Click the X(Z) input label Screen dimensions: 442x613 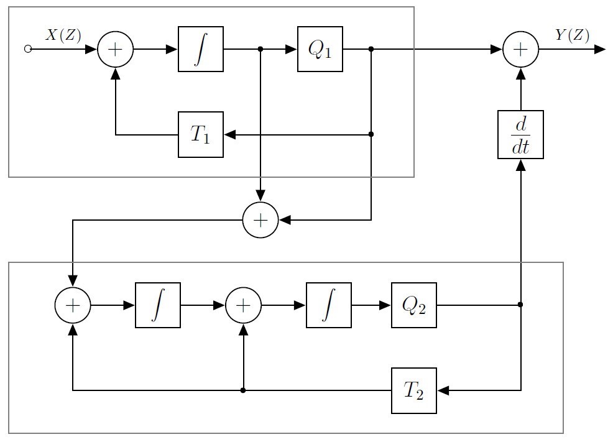[63, 35]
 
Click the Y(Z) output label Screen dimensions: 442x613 [572, 35]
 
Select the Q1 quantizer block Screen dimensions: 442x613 [320, 49]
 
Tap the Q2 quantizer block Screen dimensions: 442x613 [413, 305]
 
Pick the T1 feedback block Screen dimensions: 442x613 [200, 134]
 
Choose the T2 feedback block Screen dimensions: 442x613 [413, 390]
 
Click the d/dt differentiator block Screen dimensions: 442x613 [520, 134]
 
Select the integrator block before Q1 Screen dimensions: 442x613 [200, 49]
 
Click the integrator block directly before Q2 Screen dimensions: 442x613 [328, 305]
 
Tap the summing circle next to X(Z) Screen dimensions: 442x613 [116, 49]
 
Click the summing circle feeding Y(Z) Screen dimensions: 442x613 [520, 49]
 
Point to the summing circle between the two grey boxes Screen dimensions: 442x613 [260, 219]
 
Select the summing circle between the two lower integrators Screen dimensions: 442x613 [243, 305]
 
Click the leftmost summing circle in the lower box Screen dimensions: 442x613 [73, 305]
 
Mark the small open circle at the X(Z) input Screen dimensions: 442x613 [27, 49]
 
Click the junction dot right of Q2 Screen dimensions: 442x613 [520, 305]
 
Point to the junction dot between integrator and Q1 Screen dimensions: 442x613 [260, 49]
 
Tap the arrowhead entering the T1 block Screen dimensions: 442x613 [229, 134]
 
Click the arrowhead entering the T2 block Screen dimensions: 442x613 [443, 390]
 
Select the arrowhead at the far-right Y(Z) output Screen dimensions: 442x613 [600, 49]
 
